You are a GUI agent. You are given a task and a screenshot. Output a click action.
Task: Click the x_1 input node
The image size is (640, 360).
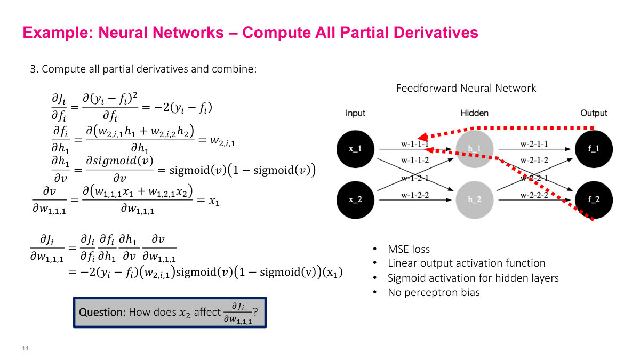tap(355, 149)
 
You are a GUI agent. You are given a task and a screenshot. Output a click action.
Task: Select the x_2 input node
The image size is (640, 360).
tap(355, 199)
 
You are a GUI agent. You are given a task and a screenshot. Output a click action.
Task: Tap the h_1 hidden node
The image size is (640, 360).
tap(474, 149)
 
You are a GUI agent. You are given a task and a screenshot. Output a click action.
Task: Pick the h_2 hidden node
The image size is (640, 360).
tap(474, 199)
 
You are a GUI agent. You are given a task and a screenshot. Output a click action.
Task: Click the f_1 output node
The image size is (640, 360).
tap(594, 149)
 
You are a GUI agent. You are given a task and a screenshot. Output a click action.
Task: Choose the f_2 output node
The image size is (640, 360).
tap(594, 199)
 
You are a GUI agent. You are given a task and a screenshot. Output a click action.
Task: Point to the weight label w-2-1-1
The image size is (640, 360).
tap(534, 144)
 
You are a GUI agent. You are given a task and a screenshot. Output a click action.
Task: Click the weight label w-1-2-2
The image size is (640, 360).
tap(415, 195)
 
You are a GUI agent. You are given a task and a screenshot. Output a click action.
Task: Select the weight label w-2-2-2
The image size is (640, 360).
tap(534, 195)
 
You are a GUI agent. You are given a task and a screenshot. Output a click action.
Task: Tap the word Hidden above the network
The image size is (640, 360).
tap(475, 113)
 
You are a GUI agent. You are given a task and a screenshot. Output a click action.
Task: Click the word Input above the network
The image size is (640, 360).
tap(356, 113)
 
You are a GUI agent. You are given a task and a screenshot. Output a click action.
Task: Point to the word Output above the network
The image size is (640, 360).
tap(594, 113)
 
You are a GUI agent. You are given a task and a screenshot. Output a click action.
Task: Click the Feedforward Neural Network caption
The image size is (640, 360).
tap(466, 88)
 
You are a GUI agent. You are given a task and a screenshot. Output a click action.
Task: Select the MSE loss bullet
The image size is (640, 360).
tap(409, 249)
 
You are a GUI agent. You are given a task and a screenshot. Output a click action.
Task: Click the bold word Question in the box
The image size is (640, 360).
tap(101, 313)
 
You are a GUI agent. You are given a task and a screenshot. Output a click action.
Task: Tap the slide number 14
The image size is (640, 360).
tap(25, 349)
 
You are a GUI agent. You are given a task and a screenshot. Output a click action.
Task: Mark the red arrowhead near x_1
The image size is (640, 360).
tap(422, 136)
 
